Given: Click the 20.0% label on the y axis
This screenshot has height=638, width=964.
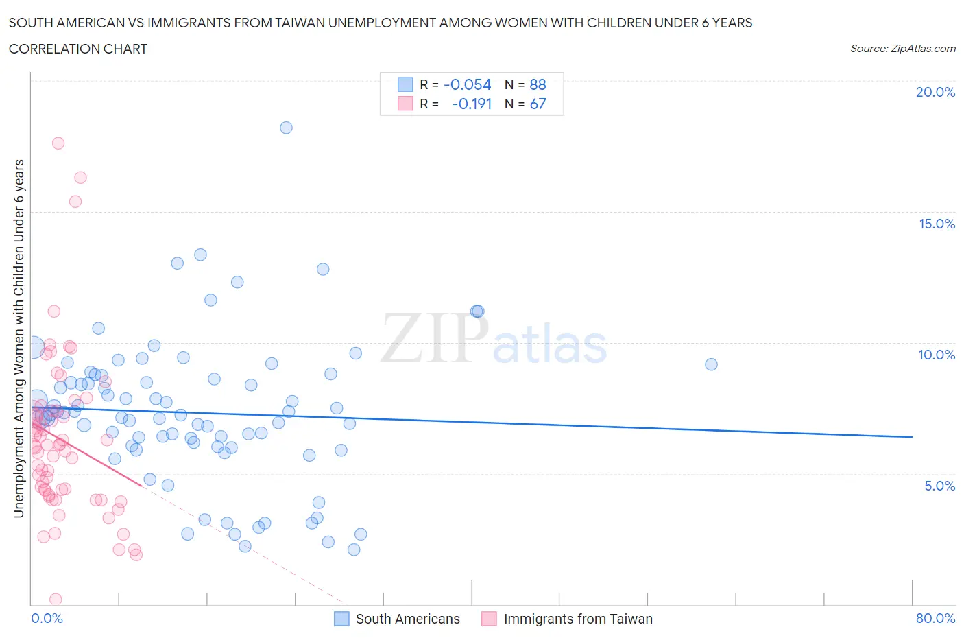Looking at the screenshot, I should click(935, 92).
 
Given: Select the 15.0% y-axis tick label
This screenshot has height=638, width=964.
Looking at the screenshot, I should click(937, 224).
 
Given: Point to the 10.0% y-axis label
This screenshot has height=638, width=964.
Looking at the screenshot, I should click(937, 355).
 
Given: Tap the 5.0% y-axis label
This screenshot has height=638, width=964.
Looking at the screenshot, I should click(939, 486).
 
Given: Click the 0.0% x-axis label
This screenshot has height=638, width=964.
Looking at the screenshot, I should click(47, 618).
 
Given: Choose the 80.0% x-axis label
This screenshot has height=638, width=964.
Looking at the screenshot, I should click(935, 618).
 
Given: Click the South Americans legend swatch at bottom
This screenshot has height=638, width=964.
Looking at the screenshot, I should click(341, 619).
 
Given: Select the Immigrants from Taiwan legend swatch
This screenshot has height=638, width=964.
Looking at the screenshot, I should click(489, 619).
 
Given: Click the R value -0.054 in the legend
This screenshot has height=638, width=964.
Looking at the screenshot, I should click(468, 84).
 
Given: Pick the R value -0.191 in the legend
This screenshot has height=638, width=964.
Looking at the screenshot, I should click(472, 104).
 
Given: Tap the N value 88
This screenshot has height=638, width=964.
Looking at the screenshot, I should click(538, 84).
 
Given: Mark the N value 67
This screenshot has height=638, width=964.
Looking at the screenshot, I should click(538, 104).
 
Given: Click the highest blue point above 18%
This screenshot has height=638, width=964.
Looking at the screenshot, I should click(286, 128).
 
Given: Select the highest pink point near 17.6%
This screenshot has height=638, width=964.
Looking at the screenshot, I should click(58, 143).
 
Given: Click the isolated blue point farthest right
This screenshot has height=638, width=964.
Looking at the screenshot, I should click(711, 364).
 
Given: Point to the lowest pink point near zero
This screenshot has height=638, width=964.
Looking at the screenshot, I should click(56, 600).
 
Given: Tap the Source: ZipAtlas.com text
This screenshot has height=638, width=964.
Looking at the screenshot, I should click(902, 49).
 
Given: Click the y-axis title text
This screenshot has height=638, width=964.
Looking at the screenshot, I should click(19, 338).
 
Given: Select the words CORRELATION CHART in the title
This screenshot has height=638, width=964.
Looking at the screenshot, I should click(78, 49).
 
